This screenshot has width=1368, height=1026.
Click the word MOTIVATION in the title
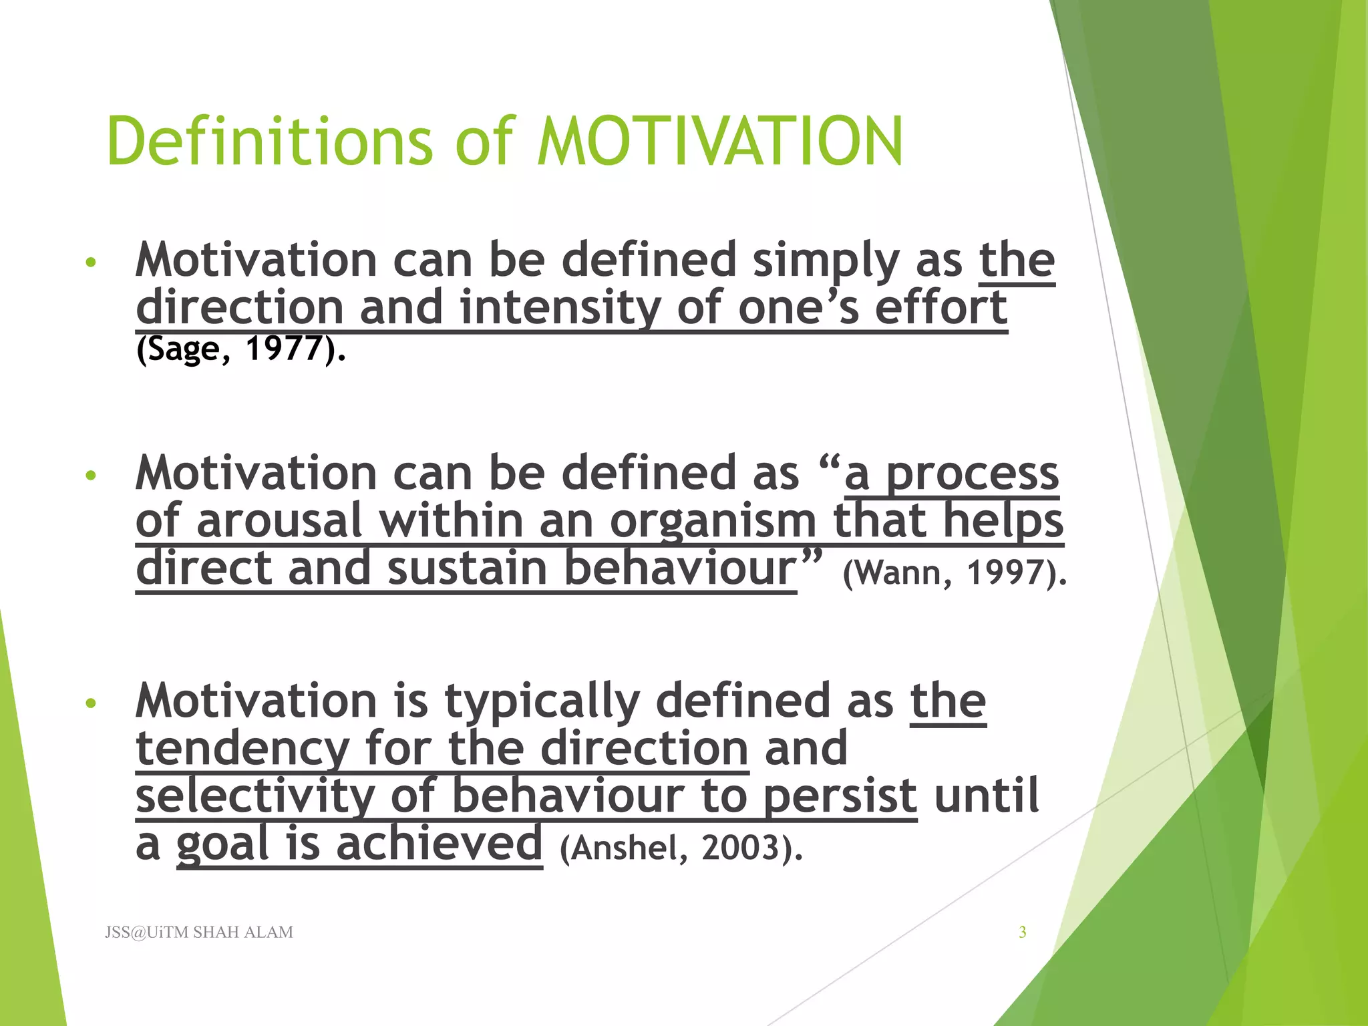pos(720,142)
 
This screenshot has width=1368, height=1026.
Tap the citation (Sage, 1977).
pos(240,349)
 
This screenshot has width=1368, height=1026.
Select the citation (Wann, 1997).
pos(955,572)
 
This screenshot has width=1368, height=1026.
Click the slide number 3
pos(1022,932)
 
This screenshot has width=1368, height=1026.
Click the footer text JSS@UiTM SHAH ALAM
pos(199,932)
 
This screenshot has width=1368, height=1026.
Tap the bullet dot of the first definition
pos(92,262)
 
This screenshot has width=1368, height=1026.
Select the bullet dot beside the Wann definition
pos(92,476)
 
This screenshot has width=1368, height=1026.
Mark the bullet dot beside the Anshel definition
pos(92,703)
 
